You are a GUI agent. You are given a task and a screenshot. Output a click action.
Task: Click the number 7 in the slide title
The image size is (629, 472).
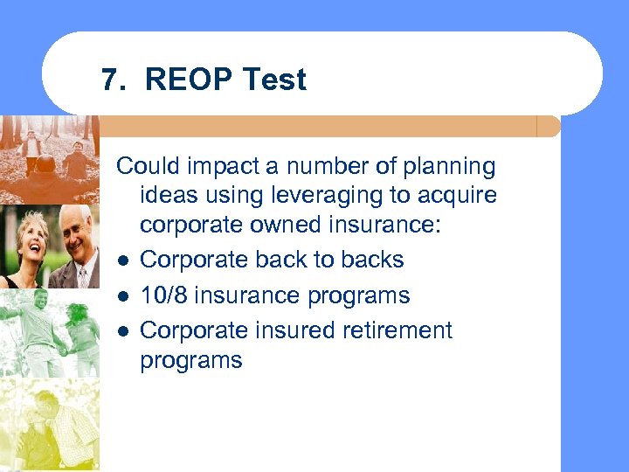[108, 80]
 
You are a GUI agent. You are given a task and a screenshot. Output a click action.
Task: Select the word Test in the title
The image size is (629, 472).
[274, 80]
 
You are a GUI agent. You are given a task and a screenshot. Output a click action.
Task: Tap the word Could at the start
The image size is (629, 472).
[145, 166]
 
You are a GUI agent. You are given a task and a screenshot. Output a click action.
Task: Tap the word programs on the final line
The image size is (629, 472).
[190, 360]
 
